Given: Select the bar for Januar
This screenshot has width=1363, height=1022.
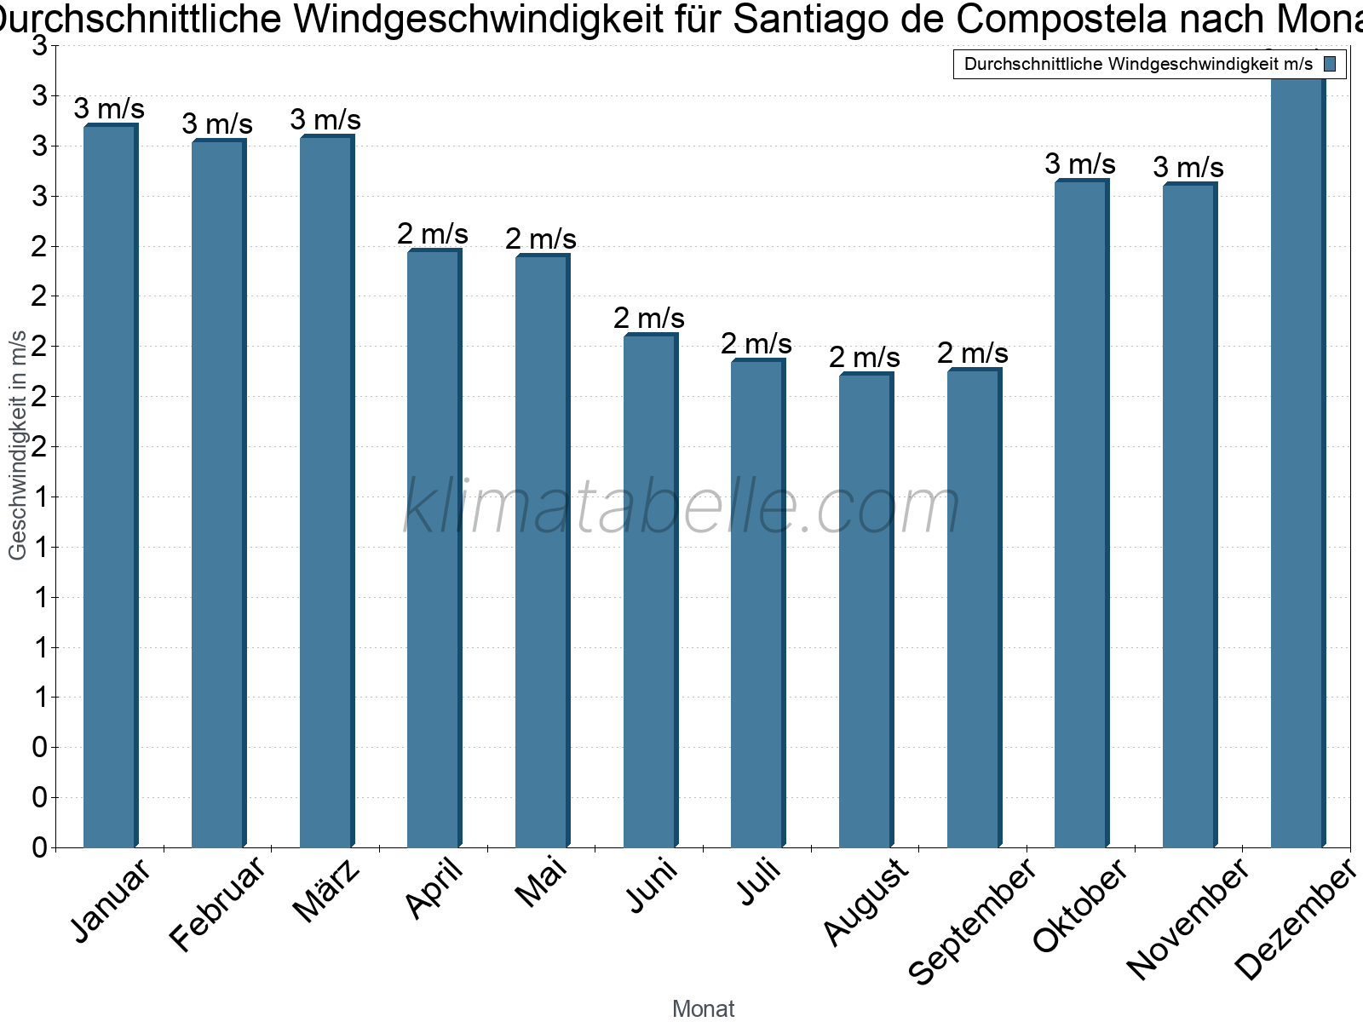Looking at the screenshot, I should [x=110, y=485].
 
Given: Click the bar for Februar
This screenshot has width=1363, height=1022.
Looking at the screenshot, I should [x=218, y=494].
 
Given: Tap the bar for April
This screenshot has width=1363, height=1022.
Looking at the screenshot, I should [x=434, y=549].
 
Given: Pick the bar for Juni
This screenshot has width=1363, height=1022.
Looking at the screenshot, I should [x=650, y=591].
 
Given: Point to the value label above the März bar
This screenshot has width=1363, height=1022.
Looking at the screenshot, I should [x=325, y=120].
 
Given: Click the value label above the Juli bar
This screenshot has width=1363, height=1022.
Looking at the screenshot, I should [x=756, y=344].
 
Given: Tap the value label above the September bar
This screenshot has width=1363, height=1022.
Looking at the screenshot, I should [x=973, y=353].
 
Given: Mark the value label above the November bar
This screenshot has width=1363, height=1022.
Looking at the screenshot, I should [x=1188, y=168].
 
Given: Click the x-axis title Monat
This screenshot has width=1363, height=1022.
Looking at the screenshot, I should [x=703, y=1009].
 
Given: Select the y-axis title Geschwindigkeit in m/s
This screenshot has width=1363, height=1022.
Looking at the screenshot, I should [x=18, y=445].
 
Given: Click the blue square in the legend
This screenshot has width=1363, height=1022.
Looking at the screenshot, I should [x=1330, y=64].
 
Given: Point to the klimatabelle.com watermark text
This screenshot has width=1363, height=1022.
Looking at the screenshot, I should [x=681, y=507].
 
